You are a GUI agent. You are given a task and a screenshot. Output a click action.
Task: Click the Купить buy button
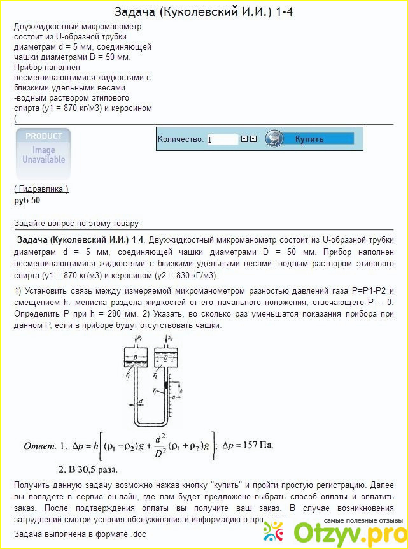point(309,139)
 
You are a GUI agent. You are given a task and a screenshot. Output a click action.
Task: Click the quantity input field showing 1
point(222,139)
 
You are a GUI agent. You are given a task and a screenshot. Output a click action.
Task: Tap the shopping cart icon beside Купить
point(274,138)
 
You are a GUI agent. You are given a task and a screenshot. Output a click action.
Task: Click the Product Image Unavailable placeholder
point(43,153)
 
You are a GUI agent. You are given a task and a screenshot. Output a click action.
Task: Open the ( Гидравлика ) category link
point(41,189)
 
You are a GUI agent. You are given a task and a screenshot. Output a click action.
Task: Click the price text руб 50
point(27,200)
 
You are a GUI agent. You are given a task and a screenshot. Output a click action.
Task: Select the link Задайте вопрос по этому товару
point(76,223)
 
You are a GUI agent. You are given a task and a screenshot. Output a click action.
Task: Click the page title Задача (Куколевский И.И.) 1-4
point(204,11)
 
